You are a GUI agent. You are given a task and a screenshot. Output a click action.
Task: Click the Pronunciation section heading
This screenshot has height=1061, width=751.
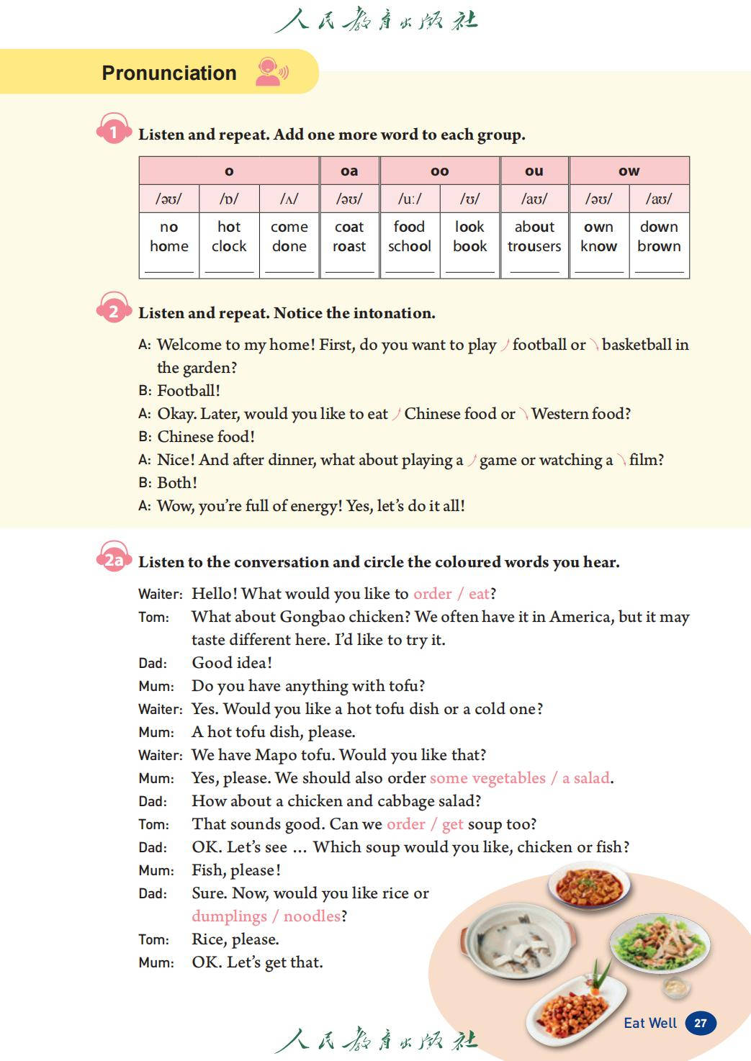click(169, 73)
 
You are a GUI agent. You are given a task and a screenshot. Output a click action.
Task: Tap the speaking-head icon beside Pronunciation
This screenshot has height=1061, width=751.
click(271, 72)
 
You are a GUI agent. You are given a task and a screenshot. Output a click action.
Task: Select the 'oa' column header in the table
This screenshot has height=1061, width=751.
click(349, 171)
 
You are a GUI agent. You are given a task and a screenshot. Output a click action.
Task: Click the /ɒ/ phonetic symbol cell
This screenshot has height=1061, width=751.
click(229, 199)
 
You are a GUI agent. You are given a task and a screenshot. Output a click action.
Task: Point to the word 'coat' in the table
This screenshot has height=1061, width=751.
click(349, 227)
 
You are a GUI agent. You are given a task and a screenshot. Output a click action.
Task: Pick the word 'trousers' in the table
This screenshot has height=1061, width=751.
click(534, 246)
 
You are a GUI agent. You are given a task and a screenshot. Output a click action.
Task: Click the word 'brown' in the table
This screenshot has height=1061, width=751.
click(659, 246)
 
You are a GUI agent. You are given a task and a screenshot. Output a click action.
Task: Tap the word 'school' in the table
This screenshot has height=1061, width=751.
click(409, 246)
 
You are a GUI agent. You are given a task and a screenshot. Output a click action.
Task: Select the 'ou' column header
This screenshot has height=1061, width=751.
click(534, 171)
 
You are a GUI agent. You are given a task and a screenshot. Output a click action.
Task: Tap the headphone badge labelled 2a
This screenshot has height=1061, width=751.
click(114, 559)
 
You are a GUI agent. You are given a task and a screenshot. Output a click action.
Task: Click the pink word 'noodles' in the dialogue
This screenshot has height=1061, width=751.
click(312, 916)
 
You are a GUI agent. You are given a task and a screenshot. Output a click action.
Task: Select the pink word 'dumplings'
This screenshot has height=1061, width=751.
click(229, 916)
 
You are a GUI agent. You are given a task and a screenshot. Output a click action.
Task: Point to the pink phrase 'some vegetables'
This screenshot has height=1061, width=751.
click(487, 778)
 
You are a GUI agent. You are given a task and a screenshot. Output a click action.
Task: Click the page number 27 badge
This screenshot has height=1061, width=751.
click(701, 1023)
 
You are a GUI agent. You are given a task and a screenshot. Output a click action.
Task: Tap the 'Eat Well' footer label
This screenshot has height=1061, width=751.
click(650, 1023)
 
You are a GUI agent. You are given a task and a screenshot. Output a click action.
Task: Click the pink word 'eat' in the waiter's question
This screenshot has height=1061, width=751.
click(479, 594)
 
